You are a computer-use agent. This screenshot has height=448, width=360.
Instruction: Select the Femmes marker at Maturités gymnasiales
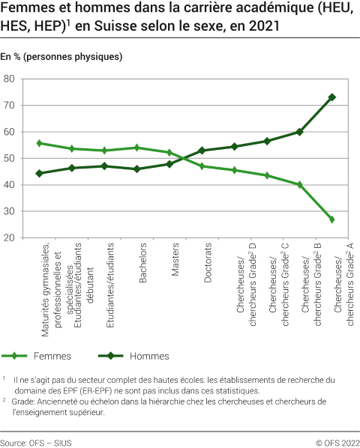pyautogui.click(x=39, y=143)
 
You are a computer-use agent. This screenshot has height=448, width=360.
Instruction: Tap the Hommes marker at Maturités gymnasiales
pyautogui.click(x=39, y=173)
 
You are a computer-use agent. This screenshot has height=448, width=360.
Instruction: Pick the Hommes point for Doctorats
pyautogui.click(x=202, y=151)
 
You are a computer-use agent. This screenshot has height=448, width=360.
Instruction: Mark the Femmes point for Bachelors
pyautogui.click(x=136, y=148)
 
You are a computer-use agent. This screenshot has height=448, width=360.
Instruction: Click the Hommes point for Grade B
pyautogui.click(x=299, y=132)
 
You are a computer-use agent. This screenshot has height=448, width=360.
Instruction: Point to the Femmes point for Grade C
pyautogui.click(x=267, y=175)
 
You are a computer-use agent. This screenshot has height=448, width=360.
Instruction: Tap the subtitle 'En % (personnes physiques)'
pyautogui.click(x=61, y=57)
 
